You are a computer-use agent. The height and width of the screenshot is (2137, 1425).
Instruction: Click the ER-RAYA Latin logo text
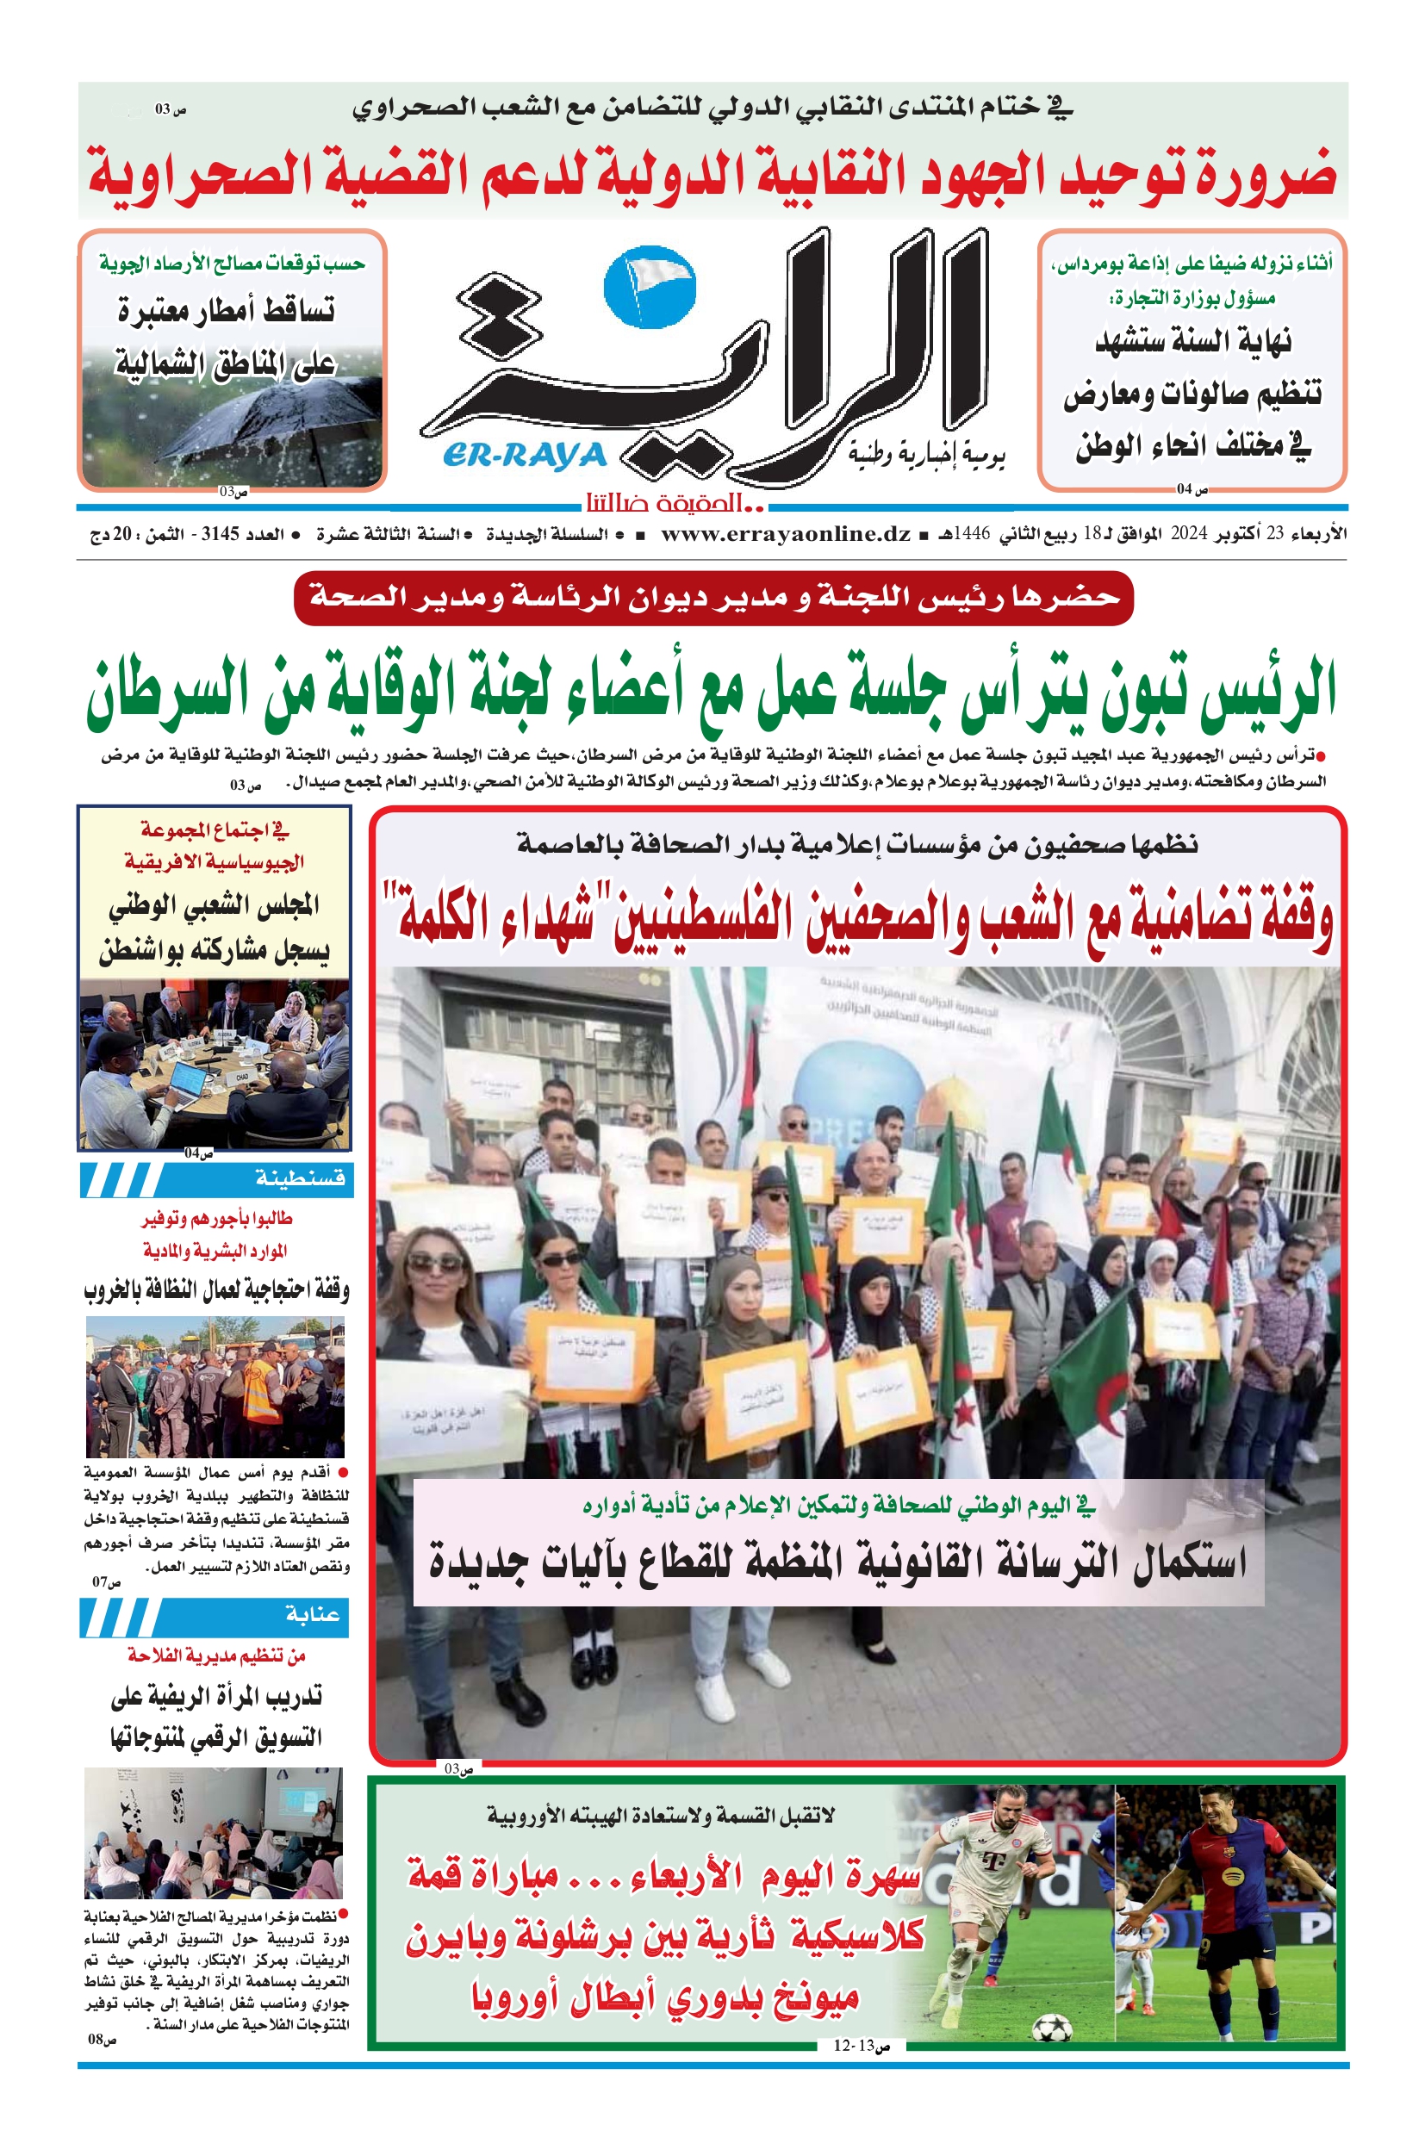point(526,454)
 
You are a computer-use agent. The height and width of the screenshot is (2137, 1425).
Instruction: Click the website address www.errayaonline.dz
point(785,534)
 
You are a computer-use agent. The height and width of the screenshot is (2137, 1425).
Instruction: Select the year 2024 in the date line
point(1188,534)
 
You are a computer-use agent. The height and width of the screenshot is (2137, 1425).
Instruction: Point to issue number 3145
point(220,534)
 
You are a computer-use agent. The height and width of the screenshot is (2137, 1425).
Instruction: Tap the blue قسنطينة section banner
point(215,1179)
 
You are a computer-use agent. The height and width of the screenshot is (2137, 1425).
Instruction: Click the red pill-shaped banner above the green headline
point(713,598)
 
